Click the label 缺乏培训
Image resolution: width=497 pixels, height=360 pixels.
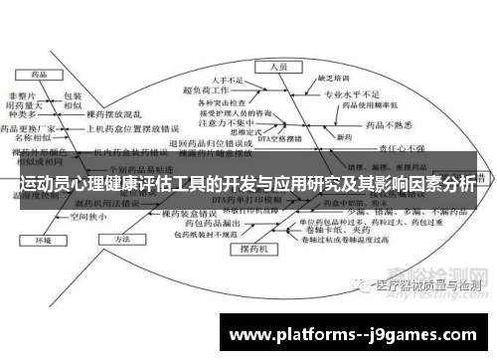[x=332, y=78]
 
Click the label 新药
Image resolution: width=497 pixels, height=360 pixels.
[x=344, y=135]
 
